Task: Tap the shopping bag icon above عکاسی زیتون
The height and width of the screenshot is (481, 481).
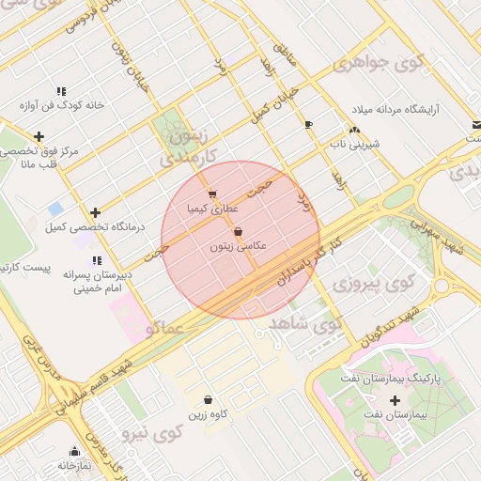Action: tap(237, 230)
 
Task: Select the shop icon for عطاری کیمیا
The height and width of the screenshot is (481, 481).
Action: tap(209, 194)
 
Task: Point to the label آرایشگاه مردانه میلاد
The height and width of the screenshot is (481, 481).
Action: tap(417, 109)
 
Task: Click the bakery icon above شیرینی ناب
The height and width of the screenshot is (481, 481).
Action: tap(354, 131)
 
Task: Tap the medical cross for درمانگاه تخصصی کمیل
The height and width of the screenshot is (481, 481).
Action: tap(95, 212)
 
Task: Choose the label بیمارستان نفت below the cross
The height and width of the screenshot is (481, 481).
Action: tap(421, 413)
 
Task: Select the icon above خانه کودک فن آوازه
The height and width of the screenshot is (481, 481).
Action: tap(61, 91)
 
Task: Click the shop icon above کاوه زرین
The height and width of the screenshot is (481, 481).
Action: tap(208, 399)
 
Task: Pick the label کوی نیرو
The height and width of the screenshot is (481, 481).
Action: tap(151, 434)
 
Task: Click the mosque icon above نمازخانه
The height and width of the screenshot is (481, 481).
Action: tap(74, 451)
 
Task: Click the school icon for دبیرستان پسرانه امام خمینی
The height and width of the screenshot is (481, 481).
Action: tap(95, 260)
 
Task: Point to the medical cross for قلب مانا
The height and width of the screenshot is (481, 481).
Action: tap(39, 137)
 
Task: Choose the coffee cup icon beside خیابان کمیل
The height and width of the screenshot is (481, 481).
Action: tap(308, 124)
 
